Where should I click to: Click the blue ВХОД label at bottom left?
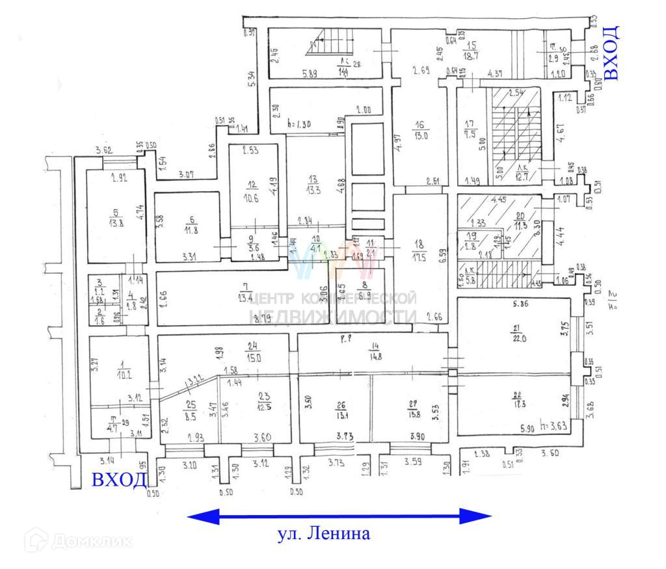tap(118, 481)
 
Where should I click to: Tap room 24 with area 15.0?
tap(253, 352)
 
